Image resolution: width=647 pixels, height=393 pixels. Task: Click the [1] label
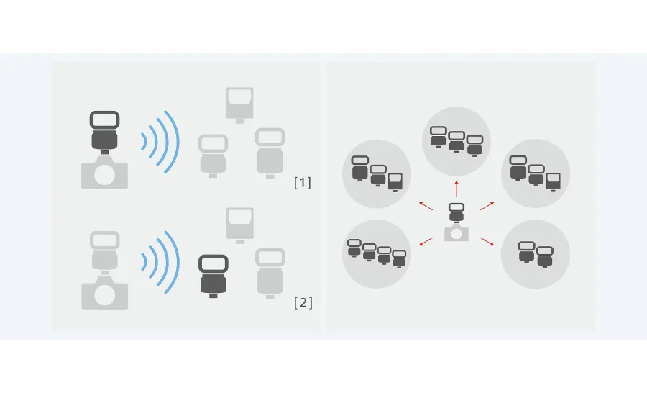[x=303, y=183]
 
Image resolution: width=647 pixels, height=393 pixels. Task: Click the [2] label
[x=303, y=302]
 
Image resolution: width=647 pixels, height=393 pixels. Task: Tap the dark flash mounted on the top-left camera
[x=104, y=130]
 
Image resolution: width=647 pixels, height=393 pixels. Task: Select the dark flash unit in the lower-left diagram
[x=213, y=274]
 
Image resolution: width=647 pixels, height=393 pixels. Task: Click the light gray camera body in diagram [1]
[x=104, y=174]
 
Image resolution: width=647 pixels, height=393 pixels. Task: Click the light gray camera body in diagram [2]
[x=104, y=294]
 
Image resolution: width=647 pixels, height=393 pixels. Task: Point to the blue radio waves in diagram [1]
[x=160, y=142]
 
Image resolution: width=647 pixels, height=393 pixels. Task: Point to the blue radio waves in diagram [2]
[x=160, y=262]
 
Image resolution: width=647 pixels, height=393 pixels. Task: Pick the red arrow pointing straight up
[x=456, y=189]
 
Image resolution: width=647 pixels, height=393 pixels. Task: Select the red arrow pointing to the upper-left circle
[x=426, y=206]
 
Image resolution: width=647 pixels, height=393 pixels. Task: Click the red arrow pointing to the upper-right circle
[x=487, y=206]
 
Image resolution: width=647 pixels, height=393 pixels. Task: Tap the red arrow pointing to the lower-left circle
[x=426, y=241]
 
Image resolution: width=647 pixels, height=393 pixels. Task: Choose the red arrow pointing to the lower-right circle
[x=487, y=241]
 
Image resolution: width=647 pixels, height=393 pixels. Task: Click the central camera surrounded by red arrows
[x=456, y=232]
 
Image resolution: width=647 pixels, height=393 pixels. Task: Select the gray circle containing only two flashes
[x=536, y=254]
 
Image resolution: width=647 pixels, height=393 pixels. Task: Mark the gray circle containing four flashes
[x=376, y=254]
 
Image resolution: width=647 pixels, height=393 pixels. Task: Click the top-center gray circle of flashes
[x=456, y=141]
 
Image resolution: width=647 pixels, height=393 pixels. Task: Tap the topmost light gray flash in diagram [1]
[x=239, y=103]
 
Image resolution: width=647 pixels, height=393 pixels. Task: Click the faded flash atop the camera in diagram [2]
[x=104, y=250]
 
